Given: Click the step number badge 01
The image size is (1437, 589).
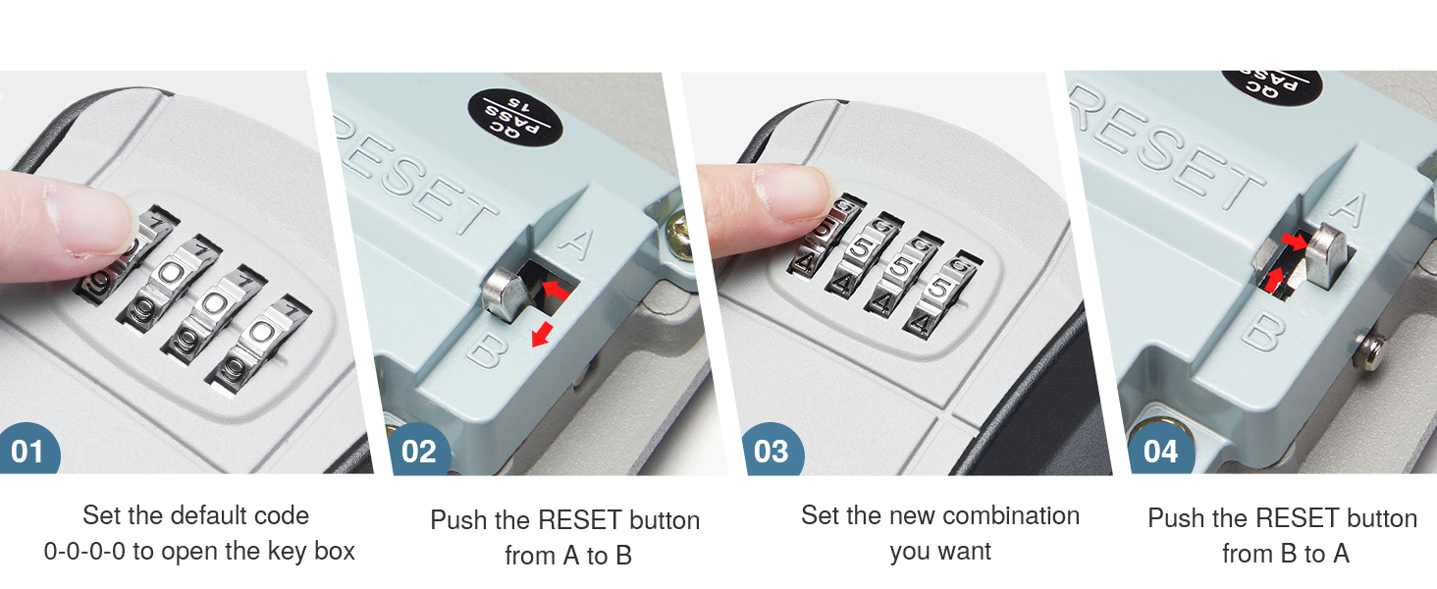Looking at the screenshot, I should pos(28,451).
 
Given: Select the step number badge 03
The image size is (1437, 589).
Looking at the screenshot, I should pos(771,451).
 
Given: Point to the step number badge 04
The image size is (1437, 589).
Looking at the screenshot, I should pos(1160,451).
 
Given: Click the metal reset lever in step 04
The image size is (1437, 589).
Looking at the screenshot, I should pos(1327,253).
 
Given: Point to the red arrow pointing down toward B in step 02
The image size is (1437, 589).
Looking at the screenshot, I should pos(540,334).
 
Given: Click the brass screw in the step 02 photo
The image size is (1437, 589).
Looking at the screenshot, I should pos(678,237).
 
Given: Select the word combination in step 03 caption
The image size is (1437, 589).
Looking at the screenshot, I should pos(1003,515).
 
